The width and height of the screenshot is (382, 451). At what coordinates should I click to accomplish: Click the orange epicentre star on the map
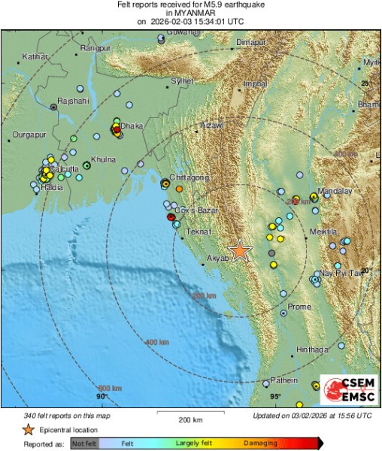coord(239,250)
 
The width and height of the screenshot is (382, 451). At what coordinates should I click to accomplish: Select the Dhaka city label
coord(132,126)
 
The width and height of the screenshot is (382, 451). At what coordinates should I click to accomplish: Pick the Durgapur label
coord(29,136)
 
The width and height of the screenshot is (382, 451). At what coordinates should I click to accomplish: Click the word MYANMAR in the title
coord(191,13)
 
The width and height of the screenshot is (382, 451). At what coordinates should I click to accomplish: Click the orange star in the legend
coord(28,430)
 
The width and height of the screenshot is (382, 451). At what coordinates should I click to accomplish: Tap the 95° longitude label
coord(276,396)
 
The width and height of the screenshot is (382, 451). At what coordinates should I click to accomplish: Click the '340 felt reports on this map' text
coord(66,415)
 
